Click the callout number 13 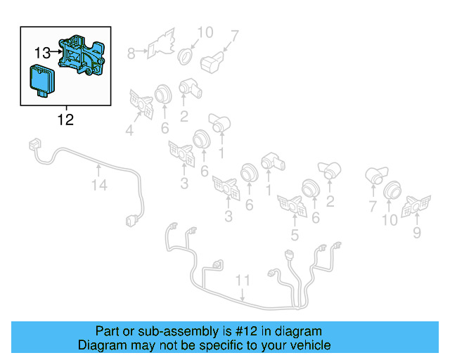[42, 52]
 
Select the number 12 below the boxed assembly [65, 120]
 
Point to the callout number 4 [129, 129]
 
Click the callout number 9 [417, 232]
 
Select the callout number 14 [99, 185]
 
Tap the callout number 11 [242, 281]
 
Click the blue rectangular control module [41, 79]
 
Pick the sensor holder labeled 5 [290, 205]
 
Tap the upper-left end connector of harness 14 [32, 145]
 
